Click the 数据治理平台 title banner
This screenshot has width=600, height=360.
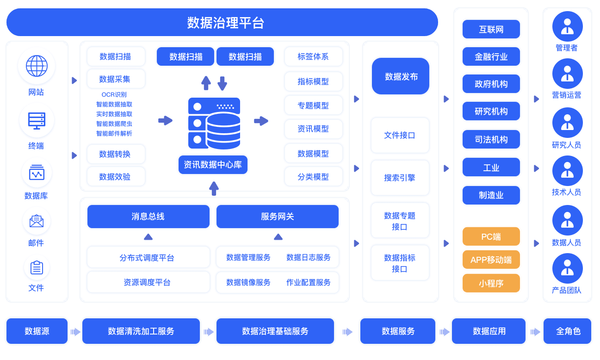(222, 22)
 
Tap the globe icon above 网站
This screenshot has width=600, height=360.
(37, 66)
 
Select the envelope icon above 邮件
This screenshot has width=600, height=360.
(37, 221)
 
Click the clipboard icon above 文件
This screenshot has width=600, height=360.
(37, 267)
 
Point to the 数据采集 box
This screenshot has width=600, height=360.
(116, 79)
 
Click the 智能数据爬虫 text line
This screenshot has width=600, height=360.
(114, 124)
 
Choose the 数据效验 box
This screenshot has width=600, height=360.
(116, 177)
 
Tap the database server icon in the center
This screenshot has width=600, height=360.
(214, 123)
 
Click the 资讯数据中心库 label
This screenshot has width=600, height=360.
(213, 165)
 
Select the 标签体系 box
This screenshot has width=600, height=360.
(313, 56)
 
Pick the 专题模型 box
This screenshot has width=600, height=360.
(313, 105)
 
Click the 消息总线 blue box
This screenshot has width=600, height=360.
(148, 217)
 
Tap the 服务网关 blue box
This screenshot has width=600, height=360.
(277, 217)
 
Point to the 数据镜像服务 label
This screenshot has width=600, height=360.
(248, 282)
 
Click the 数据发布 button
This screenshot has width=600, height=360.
(401, 76)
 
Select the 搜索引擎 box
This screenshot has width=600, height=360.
(400, 178)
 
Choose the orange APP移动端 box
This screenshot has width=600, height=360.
(491, 260)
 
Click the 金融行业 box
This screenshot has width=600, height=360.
(491, 57)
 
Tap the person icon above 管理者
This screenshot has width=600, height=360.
(567, 26)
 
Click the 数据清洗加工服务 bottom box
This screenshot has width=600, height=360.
(141, 331)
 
